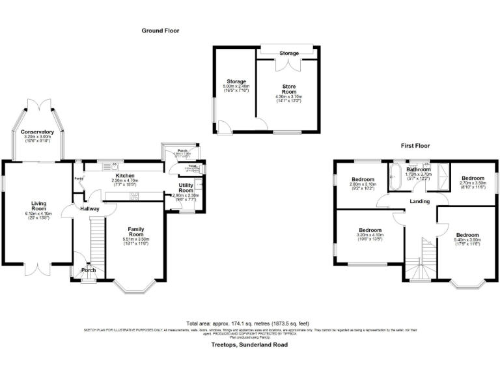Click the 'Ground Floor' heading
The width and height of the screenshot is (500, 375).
pos(160,31)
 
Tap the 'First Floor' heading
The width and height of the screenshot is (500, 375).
pos(414,146)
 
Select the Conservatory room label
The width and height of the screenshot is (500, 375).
pos(37,132)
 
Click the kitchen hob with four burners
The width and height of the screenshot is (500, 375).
pos(135,196)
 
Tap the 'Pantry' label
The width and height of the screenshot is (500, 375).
pos(79,179)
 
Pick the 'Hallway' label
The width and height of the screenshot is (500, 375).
pos(89,209)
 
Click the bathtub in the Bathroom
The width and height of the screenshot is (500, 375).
pos(395,176)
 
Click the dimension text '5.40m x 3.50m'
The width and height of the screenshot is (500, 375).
pos(467,240)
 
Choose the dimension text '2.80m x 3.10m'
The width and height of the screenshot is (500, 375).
pos(363,184)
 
